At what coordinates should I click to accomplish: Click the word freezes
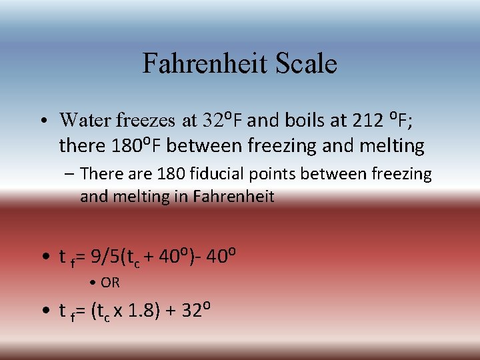(145, 121)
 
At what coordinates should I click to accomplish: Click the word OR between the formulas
(110, 283)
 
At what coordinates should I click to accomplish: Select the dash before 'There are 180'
(70, 175)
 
